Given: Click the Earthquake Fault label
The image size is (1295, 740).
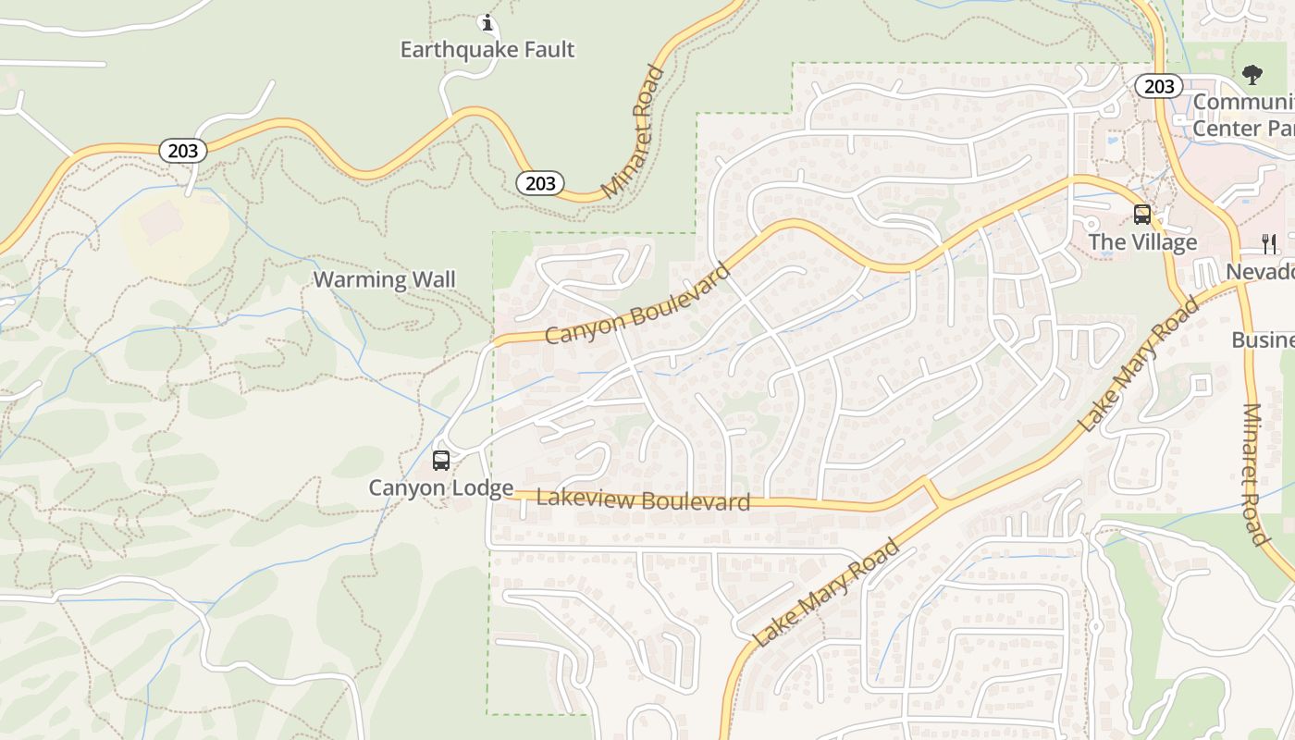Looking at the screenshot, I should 487,49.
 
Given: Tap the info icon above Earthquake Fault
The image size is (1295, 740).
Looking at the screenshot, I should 487,22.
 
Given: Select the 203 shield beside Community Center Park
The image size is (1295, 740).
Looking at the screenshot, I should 1158,86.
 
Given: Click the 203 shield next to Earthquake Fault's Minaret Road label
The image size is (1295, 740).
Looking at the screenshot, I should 540,183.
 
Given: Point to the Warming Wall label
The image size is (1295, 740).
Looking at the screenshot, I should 385,279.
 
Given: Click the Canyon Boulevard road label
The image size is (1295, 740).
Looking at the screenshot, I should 637,303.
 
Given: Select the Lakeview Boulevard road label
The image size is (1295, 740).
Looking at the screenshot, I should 643,500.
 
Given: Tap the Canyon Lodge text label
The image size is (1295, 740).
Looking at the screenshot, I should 441,487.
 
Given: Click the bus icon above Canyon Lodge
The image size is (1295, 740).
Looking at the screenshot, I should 441,460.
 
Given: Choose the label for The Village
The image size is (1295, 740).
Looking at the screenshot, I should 1142,242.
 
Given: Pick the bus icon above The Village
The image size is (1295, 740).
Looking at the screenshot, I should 1142,215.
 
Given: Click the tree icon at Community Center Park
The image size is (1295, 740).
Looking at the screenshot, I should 1252,74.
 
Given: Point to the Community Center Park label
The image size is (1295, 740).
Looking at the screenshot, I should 1243,115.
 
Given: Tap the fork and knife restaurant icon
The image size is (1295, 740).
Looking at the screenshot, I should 1269,243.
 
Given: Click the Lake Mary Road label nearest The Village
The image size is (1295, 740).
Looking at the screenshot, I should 1139,364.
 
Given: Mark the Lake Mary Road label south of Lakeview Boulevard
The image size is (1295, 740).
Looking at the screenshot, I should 826,592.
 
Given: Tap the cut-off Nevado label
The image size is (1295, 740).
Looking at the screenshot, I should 1260,272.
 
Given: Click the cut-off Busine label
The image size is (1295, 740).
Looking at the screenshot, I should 1263,339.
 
